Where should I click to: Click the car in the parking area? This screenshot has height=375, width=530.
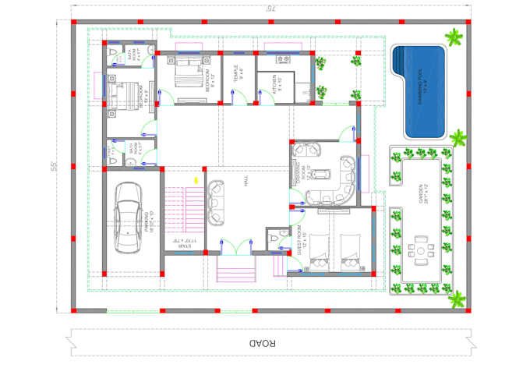[x=129, y=218]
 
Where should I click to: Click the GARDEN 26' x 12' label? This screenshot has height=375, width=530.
[x=422, y=193]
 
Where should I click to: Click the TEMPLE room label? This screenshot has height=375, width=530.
[x=238, y=74]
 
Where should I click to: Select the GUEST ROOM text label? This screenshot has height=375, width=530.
[x=302, y=239]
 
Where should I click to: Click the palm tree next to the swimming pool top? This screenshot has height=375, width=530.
[x=452, y=35]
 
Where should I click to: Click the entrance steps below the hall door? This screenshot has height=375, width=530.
[x=236, y=272]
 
